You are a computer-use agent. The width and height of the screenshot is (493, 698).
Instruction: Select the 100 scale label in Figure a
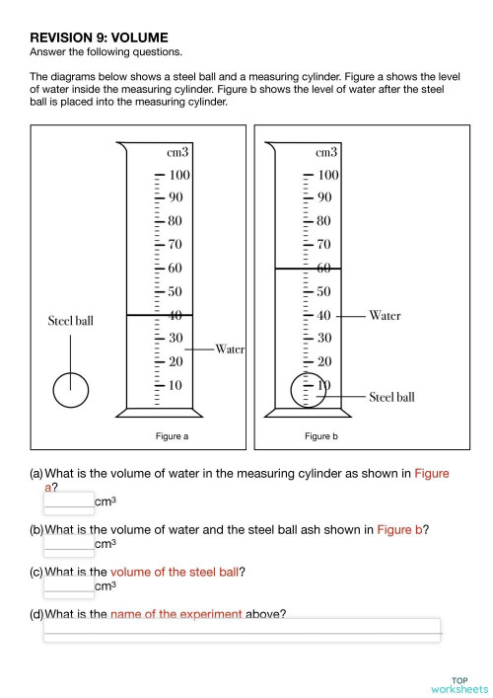pyautogui.click(x=179, y=175)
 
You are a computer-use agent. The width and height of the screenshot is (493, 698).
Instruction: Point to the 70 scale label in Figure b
pyautogui.click(x=325, y=244)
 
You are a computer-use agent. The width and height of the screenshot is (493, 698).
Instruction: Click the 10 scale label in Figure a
pyautogui.click(x=175, y=384)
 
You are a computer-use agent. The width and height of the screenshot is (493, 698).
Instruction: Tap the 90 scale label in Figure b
pyautogui.click(x=325, y=197)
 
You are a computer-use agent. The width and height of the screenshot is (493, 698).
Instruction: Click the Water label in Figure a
pyautogui.click(x=231, y=349)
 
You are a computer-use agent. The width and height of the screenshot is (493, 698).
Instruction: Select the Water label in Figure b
pyautogui.click(x=386, y=316)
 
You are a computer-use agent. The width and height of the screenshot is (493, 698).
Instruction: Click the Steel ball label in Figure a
pyautogui.click(x=71, y=322)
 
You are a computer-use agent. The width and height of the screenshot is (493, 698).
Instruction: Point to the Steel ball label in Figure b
pyautogui.click(x=392, y=397)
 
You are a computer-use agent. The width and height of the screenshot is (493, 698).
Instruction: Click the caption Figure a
pyautogui.click(x=172, y=435)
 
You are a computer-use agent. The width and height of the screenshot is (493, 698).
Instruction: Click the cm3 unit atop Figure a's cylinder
pyautogui.click(x=178, y=152)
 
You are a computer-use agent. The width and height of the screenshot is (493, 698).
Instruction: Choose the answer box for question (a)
pyautogui.click(x=69, y=502)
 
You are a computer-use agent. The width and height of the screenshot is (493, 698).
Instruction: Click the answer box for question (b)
pyautogui.click(x=69, y=543)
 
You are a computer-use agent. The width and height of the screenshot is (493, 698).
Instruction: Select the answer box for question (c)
pyautogui.click(x=69, y=584)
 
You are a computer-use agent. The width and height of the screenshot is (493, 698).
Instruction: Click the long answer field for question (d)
pyautogui.click(x=242, y=630)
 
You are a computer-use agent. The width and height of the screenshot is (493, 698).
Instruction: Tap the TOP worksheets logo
pyautogui.click(x=459, y=684)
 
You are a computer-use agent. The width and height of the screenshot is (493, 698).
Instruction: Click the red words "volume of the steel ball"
pyautogui.click(x=174, y=572)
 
